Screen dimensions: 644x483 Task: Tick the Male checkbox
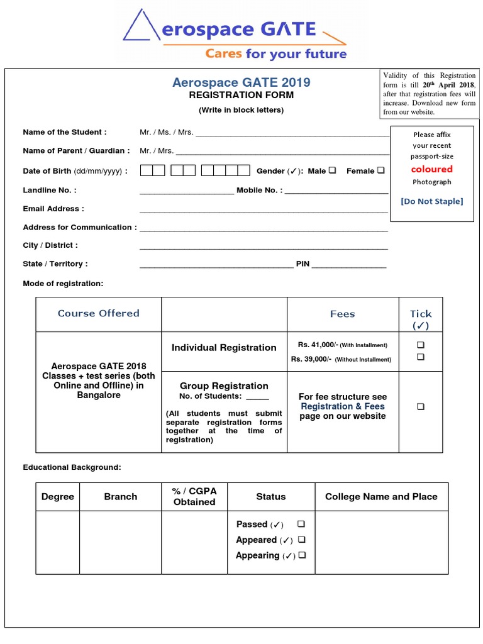[332, 170]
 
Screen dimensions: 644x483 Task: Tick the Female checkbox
[380, 170]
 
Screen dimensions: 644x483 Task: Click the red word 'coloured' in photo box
[431, 169]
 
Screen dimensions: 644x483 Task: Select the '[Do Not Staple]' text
[431, 201]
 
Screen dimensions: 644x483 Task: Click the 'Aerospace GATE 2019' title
[241, 82]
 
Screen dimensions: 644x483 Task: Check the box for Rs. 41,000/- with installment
[420, 345]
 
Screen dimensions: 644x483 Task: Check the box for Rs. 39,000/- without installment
[420, 357]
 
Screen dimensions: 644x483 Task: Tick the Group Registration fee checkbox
[420, 407]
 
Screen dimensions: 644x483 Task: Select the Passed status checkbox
[301, 524]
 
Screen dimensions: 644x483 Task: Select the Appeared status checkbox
[303, 540]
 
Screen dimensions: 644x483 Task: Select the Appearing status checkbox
[303, 555]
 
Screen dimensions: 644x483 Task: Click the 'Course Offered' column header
[99, 313]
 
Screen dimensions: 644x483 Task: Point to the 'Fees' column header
[343, 314]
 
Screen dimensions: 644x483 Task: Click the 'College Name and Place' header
[381, 497]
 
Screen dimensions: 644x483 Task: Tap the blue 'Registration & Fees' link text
[343, 406]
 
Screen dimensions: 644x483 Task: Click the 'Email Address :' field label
[53, 209]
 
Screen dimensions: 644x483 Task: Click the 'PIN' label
[303, 264]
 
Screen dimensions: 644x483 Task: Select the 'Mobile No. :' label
[259, 190]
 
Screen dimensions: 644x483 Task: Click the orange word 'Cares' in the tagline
[223, 54]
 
